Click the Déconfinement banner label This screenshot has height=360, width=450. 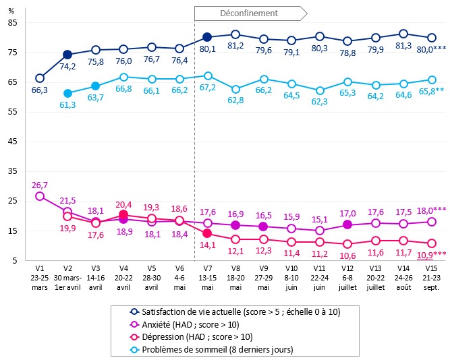(x=249, y=13)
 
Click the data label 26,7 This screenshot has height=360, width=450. (x=40, y=185)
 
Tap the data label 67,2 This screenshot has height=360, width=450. (x=207, y=88)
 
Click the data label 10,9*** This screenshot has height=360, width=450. (x=430, y=254)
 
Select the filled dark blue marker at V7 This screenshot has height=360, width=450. (x=207, y=37)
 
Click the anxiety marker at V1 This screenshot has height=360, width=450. (x=40, y=196)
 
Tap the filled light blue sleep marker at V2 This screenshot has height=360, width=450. (x=67, y=93)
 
